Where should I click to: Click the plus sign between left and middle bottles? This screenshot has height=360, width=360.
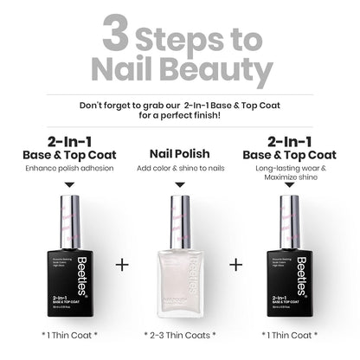coord(122,263)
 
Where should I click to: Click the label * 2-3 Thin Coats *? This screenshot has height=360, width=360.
coord(180,334)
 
